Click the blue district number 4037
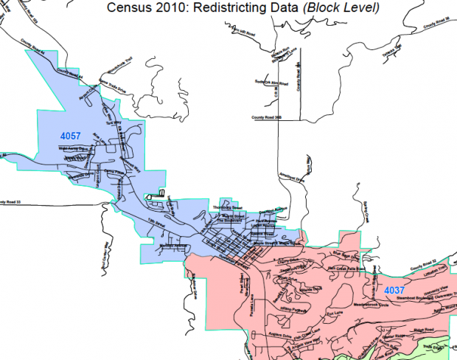(x=394, y=291)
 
